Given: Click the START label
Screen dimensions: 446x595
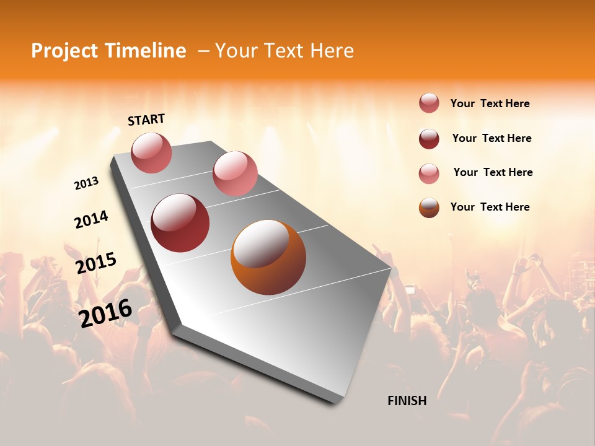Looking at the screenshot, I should coord(146,120).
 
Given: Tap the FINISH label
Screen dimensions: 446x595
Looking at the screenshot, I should coord(407,401).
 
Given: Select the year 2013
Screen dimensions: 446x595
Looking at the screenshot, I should coord(86,183).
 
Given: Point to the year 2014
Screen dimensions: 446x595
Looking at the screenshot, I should coord(91,219).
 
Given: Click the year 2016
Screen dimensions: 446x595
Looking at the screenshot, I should coord(105,313).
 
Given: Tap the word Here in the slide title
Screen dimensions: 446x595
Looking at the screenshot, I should coord(332,51).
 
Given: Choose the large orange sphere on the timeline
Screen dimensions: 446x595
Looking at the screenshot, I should coord(268,257).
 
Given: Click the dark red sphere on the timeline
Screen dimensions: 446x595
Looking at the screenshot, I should coord(180,223).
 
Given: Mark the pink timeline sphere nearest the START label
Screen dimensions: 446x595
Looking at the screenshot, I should coord(151,152).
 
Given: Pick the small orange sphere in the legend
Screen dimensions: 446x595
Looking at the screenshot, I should coord(429,208).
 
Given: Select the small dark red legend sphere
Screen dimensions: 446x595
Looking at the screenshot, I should coord(429,139).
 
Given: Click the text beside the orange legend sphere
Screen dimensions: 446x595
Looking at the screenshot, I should coord(490,207).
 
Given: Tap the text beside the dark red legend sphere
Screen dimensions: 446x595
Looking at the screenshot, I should coord(491,138).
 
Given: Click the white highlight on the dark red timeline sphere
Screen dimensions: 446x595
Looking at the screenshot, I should coord(176,211).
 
